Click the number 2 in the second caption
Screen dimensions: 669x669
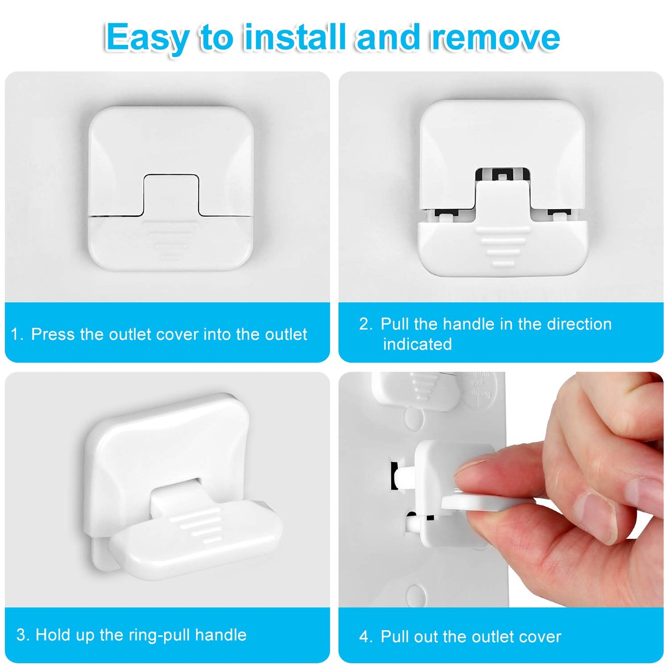(x=366, y=324)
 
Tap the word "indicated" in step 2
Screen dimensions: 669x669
(x=417, y=344)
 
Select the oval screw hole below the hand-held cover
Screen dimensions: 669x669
(x=415, y=594)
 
